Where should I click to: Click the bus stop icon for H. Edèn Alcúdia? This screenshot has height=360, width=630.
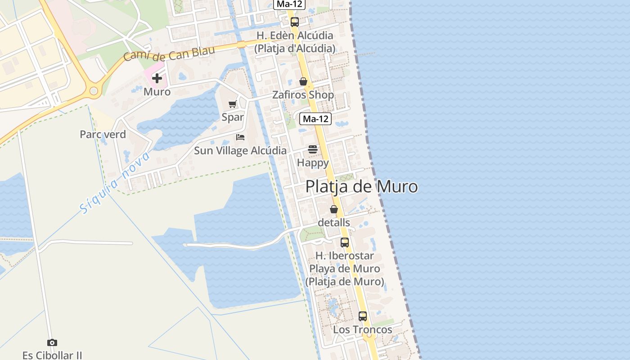pyautogui.click(x=294, y=22)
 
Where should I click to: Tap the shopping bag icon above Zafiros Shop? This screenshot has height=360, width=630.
pyautogui.click(x=303, y=81)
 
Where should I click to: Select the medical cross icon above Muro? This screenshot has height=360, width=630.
pyautogui.click(x=157, y=79)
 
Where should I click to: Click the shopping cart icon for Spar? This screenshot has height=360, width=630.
pyautogui.click(x=233, y=104)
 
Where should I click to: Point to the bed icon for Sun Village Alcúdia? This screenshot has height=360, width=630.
pyautogui.click(x=240, y=137)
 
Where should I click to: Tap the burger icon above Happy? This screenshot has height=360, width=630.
pyautogui.click(x=313, y=149)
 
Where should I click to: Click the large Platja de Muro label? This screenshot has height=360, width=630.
pyautogui.click(x=361, y=186)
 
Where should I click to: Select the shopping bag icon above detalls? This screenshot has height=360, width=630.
pyautogui.click(x=334, y=209)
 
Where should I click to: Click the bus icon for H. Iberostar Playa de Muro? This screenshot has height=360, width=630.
pyautogui.click(x=345, y=242)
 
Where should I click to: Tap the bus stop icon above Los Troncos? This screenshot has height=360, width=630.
pyautogui.click(x=363, y=316)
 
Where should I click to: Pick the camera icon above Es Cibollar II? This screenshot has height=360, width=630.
pyautogui.click(x=52, y=343)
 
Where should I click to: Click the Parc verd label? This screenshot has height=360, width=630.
pyautogui.click(x=103, y=134)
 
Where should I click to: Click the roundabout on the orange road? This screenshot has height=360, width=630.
pyautogui.click(x=94, y=91)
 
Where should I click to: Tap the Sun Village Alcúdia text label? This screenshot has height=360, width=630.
pyautogui.click(x=240, y=150)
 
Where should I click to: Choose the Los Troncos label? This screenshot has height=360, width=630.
pyautogui.click(x=363, y=329)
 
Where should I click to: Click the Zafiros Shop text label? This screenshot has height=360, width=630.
pyautogui.click(x=303, y=95)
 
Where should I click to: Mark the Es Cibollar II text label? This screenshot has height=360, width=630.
pyautogui.click(x=52, y=355)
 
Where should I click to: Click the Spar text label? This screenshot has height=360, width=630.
pyautogui.click(x=233, y=117)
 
